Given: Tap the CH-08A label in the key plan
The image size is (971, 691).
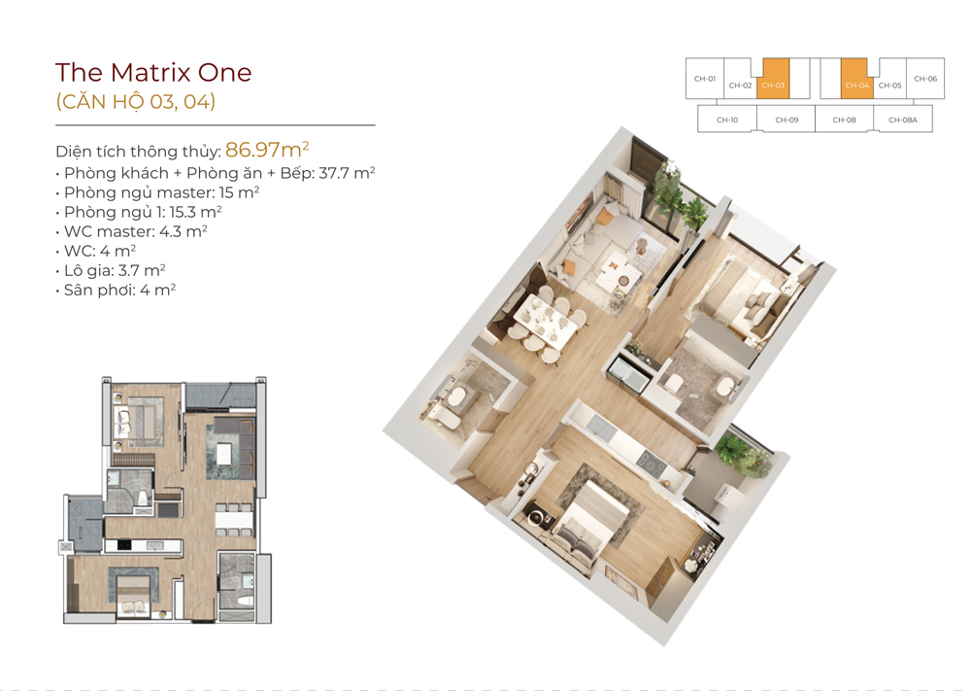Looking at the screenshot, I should pos(902,120).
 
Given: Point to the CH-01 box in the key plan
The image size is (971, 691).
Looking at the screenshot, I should pos(705,79).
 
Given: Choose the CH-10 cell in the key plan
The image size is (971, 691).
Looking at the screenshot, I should pos(727,120).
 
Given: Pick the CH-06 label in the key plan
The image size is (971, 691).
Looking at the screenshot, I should pos(924,79).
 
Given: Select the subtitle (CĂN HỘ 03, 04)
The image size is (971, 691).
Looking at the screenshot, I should pos(135,102).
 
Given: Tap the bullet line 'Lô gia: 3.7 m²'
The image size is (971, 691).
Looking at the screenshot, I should pos(116,270).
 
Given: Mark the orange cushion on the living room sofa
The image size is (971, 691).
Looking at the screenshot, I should pos(569,268).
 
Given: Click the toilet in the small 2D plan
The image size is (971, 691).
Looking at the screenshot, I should pos(142,500).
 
